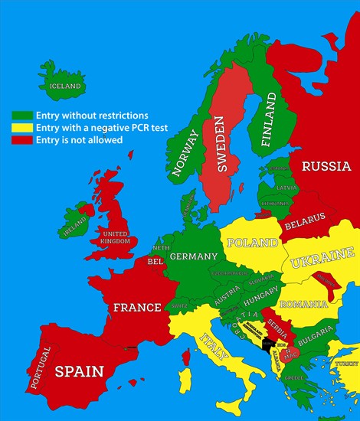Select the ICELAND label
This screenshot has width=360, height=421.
click(65, 86)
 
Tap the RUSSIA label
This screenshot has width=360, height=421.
click(325, 166)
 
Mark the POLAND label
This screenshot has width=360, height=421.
click(253, 243)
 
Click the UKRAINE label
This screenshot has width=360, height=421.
click(322, 257)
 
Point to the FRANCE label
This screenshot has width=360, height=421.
click(137, 307)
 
